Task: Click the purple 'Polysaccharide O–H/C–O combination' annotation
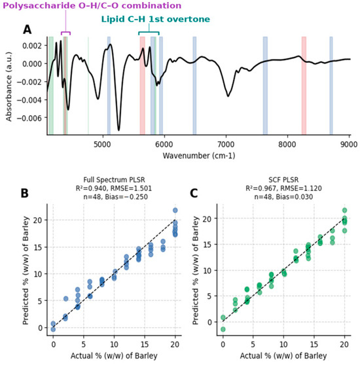pyautogui.click(x=92, y=6)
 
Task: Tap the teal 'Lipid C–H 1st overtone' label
pyautogui.click(x=156, y=19)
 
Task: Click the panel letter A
pyautogui.click(x=27, y=30)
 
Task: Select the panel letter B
pyautogui.click(x=24, y=193)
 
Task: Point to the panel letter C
pyautogui.click(x=194, y=193)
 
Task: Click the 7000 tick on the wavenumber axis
pyautogui.click(x=226, y=145)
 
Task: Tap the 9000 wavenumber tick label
pyautogui.click(x=349, y=145)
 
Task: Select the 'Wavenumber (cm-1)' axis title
pyautogui.click(x=199, y=156)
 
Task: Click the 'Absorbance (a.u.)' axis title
pyautogui.click(x=9, y=86)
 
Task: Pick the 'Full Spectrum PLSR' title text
pyautogui.click(x=114, y=180)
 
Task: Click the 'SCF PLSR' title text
pyautogui.click(x=283, y=180)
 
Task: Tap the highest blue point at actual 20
pyautogui.click(x=175, y=211)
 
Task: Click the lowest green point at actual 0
pyautogui.click(x=223, y=329)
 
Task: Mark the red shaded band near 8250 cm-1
pyautogui.click(x=304, y=86)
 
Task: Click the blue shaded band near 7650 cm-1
pyautogui.click(x=265, y=86)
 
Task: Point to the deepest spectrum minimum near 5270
pyautogui.click(x=118, y=130)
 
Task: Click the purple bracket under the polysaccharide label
pyautogui.click(x=65, y=32)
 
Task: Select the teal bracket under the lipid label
pyautogui.click(x=149, y=32)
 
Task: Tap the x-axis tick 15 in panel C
pyautogui.click(x=314, y=344)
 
